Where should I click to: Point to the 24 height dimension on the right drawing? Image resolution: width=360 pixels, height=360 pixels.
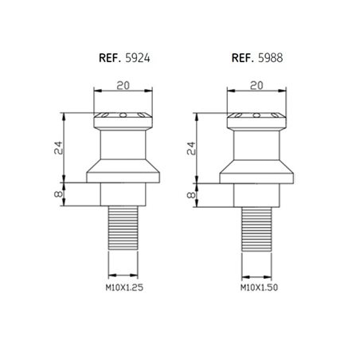[201, 147]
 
